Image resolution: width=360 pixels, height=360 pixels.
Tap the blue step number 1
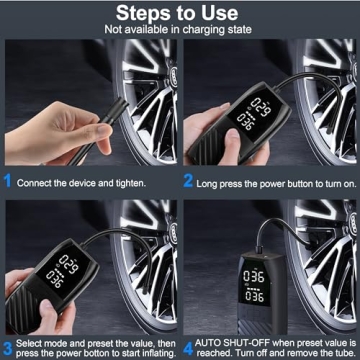pyautogui.click(x=8, y=183)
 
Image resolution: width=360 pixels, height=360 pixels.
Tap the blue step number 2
pyautogui.click(x=188, y=183)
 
